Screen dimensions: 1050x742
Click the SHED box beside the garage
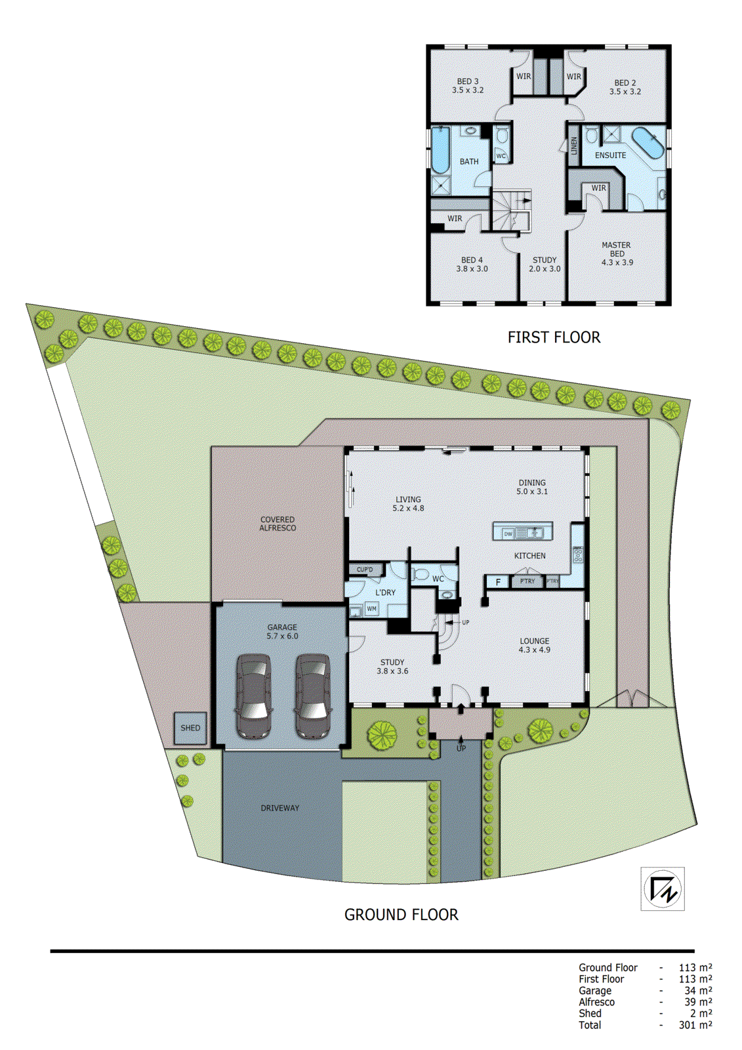pos(190,728)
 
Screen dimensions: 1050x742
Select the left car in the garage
pos(254,696)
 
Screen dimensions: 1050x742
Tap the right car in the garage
pos(312,696)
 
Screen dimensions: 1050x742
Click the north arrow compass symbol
pos(663,889)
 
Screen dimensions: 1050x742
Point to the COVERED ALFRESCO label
pos(278,524)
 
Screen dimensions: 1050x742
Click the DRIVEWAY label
pos(279,808)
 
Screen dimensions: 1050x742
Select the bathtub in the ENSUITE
pos(648,144)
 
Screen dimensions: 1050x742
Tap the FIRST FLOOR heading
pos(554,337)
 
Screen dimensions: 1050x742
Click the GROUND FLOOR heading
pos(401,915)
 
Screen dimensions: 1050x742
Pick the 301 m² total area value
pos(695,1025)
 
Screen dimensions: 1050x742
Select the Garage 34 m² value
pos(698,991)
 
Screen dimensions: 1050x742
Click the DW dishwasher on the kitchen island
pos(508,534)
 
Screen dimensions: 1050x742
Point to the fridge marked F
pos(498,582)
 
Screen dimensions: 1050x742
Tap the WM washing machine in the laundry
pos(371,609)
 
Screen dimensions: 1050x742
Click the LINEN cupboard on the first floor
pos(574,145)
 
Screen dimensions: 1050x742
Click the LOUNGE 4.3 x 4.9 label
pos(534,645)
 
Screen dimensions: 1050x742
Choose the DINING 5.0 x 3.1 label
pos(531,487)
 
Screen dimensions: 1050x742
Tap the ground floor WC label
pos(438,579)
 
